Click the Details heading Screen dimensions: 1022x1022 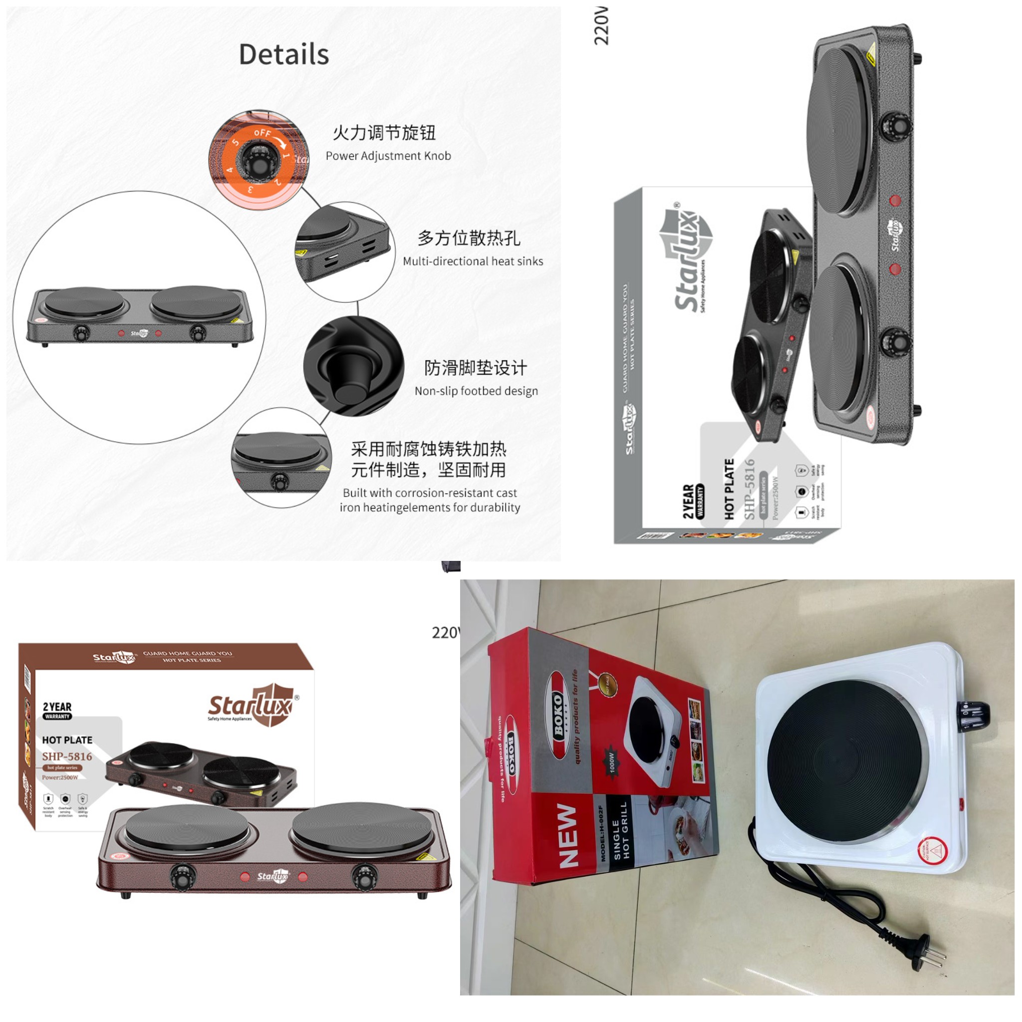pos(283,54)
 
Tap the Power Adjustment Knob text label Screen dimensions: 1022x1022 pos(388,156)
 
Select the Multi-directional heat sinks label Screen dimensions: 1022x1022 pos(473,261)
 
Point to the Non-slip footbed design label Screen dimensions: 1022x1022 pos(476,391)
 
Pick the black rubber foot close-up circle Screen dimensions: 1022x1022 pos(353,367)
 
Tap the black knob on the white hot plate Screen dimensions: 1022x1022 pos(972,715)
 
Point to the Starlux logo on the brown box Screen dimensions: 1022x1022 pos(252,705)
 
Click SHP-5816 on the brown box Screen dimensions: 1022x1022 pos(67,757)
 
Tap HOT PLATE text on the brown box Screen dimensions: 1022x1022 pos(67,740)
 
